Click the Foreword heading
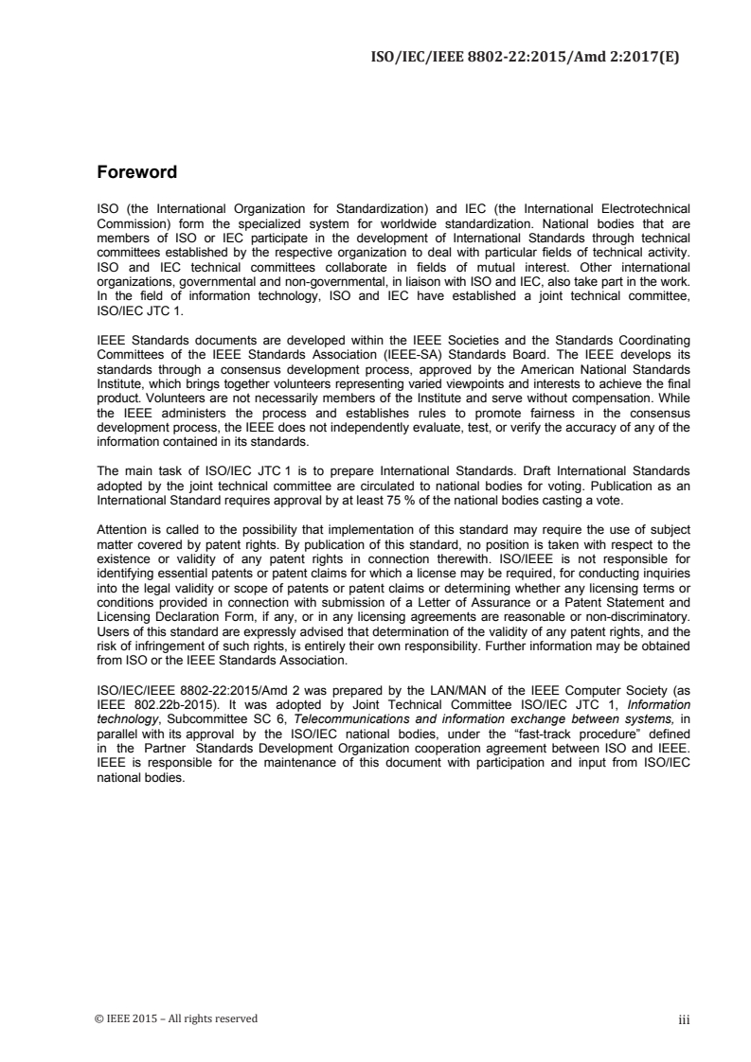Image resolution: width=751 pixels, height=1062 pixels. [x=137, y=173]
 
